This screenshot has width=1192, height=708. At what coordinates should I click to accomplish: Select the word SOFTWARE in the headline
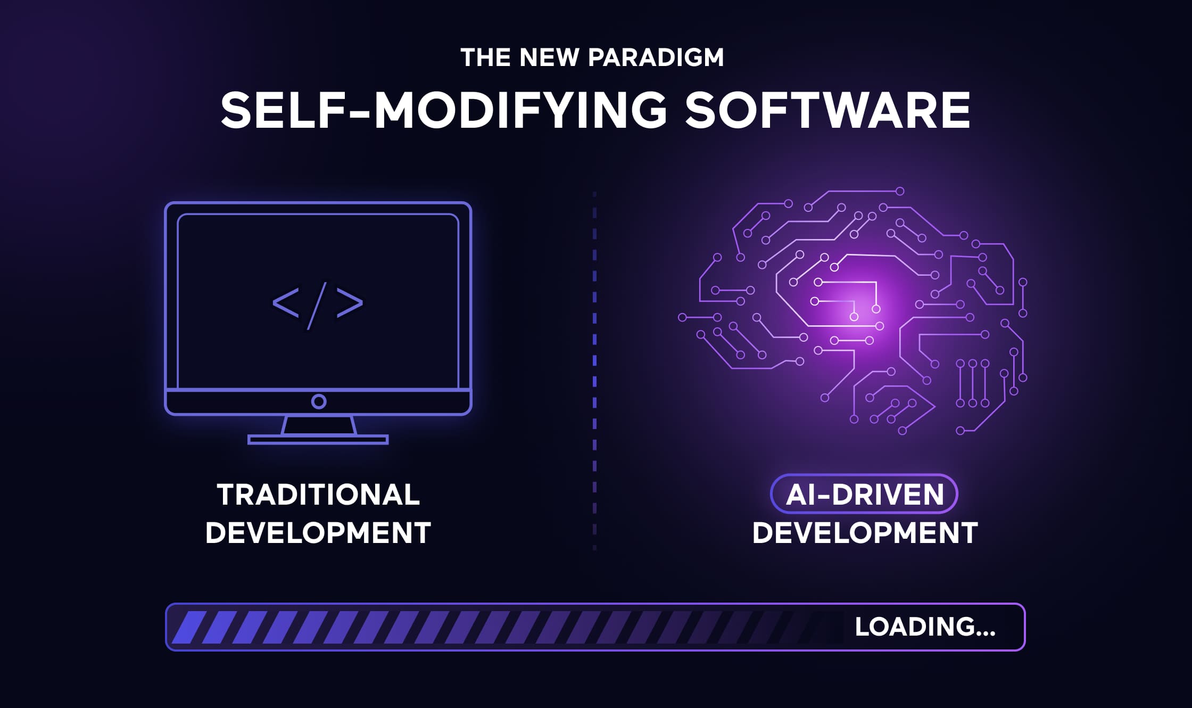click(827, 110)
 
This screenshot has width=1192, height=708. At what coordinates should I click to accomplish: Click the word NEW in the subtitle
click(549, 57)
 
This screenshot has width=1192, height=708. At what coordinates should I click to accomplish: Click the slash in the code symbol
click(317, 305)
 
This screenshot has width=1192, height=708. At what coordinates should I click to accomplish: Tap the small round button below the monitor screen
click(319, 401)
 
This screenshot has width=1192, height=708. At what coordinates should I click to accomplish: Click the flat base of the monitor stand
click(318, 440)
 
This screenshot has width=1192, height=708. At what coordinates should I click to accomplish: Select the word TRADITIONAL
click(318, 495)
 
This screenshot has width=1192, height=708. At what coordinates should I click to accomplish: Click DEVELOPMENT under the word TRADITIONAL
click(318, 533)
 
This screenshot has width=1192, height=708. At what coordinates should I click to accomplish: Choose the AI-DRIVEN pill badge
click(864, 494)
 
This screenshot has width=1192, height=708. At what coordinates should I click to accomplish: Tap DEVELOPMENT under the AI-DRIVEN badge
click(865, 533)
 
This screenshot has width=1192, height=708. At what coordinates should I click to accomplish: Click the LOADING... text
click(925, 627)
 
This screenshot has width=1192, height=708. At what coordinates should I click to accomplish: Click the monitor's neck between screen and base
click(318, 425)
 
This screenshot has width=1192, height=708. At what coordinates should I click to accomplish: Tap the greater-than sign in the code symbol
click(350, 303)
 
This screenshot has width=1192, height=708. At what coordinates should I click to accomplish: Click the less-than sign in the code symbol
click(286, 303)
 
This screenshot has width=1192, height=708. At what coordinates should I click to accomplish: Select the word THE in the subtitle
click(485, 57)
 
